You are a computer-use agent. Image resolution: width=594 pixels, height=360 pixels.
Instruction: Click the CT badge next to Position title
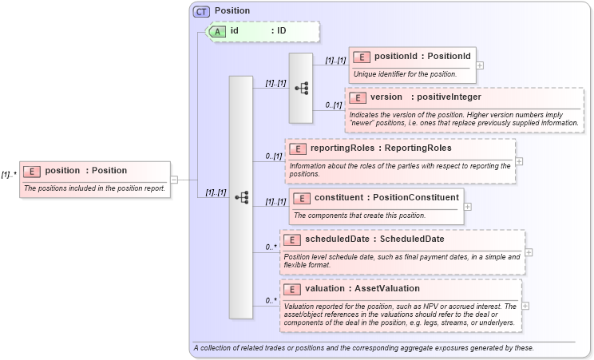click(x=202, y=11)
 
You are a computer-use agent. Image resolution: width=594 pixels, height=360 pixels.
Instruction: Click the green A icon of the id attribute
click(x=217, y=31)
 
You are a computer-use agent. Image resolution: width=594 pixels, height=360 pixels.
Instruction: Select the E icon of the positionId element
click(x=362, y=57)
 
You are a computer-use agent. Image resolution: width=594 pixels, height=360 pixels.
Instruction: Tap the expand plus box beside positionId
click(x=479, y=65)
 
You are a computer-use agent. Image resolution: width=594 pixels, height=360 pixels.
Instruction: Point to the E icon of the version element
click(x=358, y=97)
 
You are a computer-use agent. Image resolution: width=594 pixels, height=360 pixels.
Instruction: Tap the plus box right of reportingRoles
click(x=520, y=160)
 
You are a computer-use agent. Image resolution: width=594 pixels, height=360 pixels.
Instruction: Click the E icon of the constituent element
click(x=302, y=197)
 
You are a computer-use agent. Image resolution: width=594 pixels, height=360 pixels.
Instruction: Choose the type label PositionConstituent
click(x=420, y=197)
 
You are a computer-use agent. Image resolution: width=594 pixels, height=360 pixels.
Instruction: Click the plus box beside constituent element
click(x=468, y=207)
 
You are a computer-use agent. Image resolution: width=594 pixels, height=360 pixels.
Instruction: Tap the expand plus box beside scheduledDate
click(x=529, y=251)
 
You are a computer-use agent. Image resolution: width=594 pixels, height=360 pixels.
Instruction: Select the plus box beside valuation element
click(x=525, y=305)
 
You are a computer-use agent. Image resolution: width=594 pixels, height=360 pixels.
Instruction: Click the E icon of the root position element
click(x=33, y=170)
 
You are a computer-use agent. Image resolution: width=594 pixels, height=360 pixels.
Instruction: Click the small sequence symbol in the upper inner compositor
click(x=301, y=88)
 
